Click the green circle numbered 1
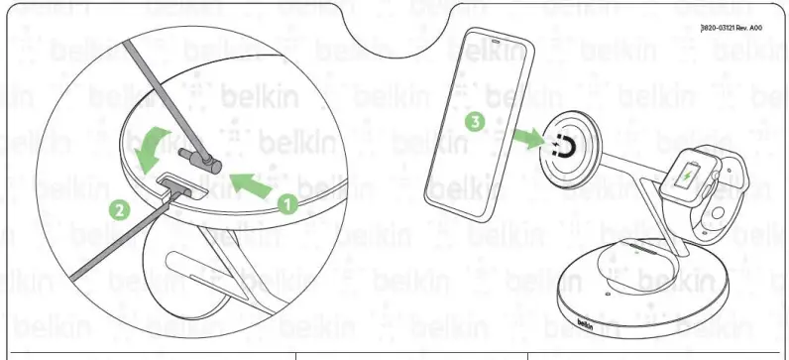click(x=287, y=204)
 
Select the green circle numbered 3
click(x=476, y=123)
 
